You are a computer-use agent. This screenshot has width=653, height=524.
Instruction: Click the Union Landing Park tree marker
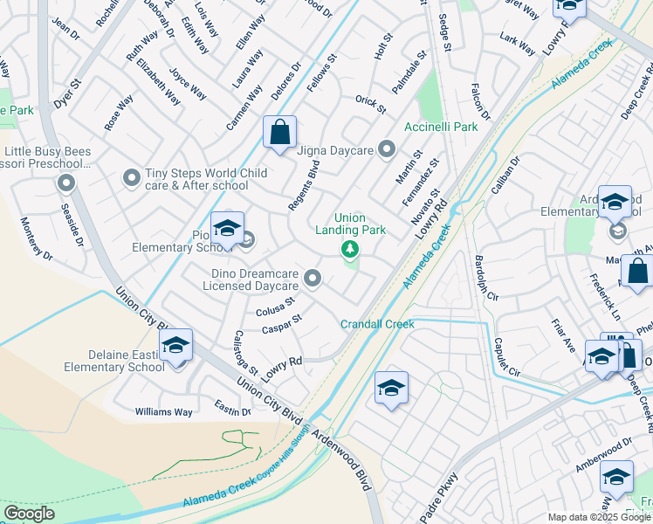(350, 251)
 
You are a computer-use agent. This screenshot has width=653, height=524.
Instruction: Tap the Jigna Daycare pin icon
(386, 150)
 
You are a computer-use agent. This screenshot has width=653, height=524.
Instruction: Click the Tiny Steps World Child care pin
(132, 178)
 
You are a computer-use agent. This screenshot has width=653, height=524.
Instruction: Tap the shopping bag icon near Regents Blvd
(279, 134)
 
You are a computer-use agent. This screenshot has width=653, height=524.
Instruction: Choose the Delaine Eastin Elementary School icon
(175, 346)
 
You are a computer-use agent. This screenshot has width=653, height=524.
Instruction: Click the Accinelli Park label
(441, 127)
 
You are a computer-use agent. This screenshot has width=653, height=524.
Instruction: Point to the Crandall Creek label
(377, 324)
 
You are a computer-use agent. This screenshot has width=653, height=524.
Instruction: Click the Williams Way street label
(163, 411)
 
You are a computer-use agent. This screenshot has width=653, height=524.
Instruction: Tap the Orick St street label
(370, 104)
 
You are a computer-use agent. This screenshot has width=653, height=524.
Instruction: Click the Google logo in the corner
(29, 514)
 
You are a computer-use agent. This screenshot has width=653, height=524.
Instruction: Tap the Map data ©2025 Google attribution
(599, 517)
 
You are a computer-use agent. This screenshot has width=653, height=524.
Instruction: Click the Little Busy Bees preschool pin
(66, 183)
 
